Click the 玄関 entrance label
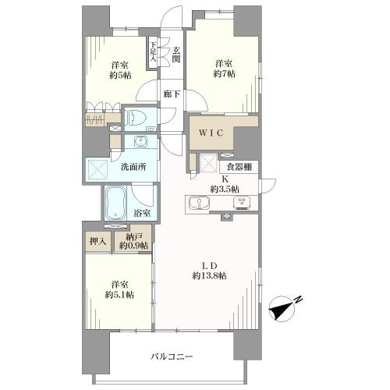[176, 55]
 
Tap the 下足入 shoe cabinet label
[153, 51]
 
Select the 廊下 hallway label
[172, 94]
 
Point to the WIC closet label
[211, 133]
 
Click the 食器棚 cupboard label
[239, 167]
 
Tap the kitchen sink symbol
[200, 203]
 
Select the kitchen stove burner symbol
[242, 202]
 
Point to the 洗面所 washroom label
[133, 167]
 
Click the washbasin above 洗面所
[141, 142]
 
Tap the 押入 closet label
[98, 242]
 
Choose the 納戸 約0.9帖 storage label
[134, 241]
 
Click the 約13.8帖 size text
[209, 275]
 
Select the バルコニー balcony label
[172, 356]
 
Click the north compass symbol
[283, 308]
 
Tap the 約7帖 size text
[225, 74]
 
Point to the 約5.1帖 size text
[119, 295]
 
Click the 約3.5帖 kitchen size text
[225, 189]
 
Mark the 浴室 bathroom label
[142, 213]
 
